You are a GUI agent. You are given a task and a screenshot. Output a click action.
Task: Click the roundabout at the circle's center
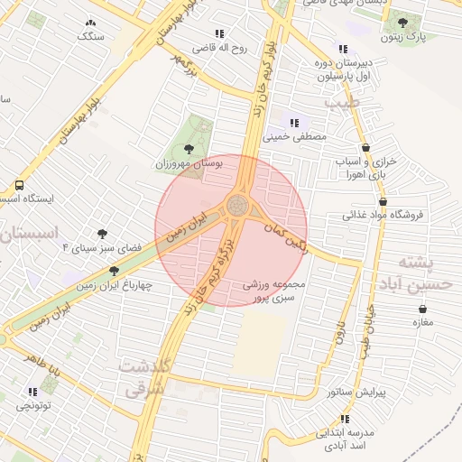coord(238,204)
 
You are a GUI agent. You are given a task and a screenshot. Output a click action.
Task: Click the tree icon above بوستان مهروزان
coord(188,149)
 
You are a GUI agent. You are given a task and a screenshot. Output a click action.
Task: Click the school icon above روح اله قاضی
coord(219,34)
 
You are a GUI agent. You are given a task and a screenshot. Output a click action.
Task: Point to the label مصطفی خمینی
coord(292,138)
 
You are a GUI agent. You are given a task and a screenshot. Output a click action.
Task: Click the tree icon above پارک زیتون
coord(402,23)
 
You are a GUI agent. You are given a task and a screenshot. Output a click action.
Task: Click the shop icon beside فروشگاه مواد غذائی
coord(383,202)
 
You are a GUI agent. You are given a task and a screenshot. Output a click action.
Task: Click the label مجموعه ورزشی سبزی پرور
coord(276,290)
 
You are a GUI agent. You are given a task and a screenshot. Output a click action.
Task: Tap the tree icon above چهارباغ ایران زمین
coord(114,271)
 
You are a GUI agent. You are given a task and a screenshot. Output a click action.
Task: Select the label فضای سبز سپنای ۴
coord(90,246)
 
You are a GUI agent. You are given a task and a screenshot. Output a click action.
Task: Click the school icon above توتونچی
coord(33,392)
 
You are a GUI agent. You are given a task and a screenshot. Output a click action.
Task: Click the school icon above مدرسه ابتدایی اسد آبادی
coord(344,418)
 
